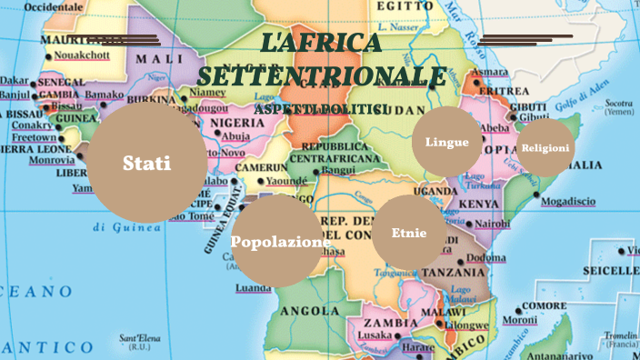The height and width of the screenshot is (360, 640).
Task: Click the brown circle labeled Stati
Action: point(146,164)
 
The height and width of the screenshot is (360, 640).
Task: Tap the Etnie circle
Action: point(409,233)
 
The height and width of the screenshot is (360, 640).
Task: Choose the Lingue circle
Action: point(446,142)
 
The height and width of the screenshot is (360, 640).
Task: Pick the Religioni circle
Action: point(545,148)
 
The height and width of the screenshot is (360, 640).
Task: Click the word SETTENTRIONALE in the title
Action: point(322,76)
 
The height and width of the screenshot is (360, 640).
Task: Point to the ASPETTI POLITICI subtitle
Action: point(321,109)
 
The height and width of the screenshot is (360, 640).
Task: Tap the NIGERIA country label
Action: point(237,123)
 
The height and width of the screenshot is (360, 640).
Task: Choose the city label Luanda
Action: point(253,288)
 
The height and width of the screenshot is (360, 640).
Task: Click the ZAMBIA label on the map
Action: point(390,323)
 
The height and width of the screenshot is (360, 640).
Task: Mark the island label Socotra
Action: point(618,103)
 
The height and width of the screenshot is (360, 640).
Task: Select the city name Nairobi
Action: point(492,223)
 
